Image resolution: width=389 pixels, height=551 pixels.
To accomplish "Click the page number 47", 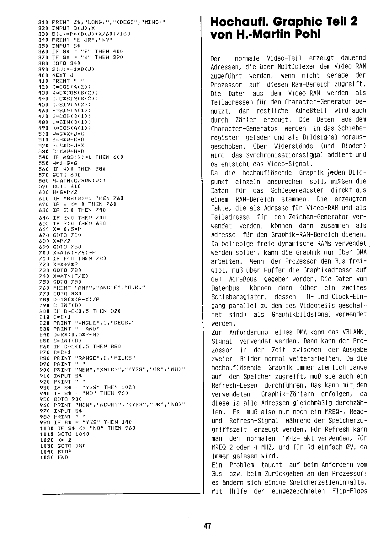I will [207, 526].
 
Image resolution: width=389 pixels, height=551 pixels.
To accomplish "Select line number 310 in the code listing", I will [43, 22].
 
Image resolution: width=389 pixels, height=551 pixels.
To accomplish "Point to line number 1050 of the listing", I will [45, 458].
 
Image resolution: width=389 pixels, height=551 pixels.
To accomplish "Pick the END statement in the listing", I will [63, 458].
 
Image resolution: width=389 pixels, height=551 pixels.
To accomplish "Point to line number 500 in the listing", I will [43, 134].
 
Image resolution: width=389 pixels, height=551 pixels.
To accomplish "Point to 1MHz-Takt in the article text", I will [295, 438].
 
